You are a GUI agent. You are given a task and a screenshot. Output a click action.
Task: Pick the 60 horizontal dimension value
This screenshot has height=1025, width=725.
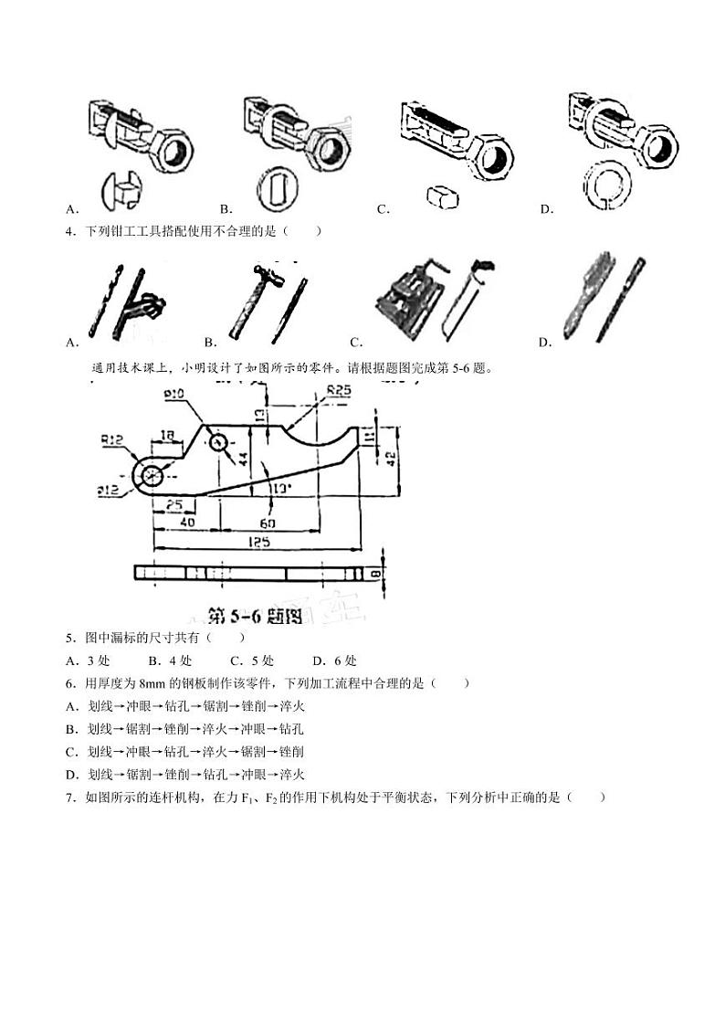268,523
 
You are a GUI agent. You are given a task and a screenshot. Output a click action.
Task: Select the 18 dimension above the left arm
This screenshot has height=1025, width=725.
168,436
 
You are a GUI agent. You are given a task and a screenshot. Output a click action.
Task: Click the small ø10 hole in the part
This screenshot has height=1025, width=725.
218,442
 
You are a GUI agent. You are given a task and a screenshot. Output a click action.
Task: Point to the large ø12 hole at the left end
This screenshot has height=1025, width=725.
152,474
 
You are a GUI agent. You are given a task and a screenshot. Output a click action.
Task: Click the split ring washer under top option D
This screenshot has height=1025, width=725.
605,184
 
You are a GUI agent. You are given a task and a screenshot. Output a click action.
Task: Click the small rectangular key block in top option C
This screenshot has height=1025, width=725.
444,195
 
